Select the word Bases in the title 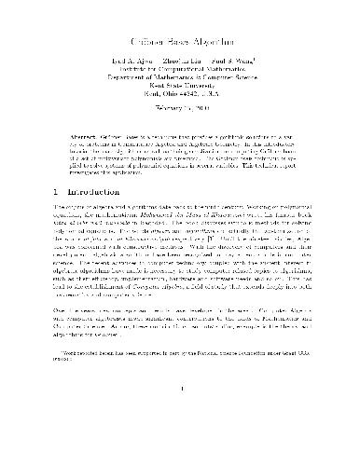(173, 44)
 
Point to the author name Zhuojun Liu (178, 68)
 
